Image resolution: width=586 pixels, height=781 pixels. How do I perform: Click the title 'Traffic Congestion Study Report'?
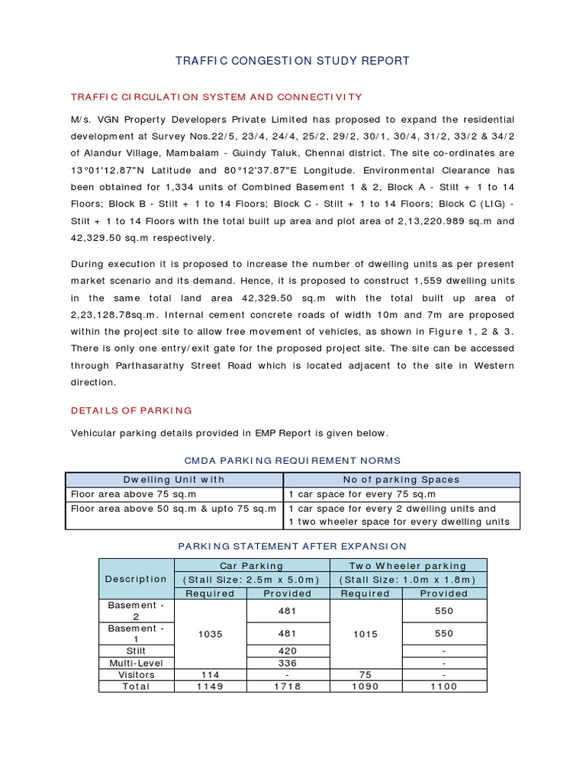pos(293,61)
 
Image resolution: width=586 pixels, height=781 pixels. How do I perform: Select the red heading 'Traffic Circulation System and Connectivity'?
pos(216,97)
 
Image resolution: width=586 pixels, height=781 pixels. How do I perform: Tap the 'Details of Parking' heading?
pos(131,410)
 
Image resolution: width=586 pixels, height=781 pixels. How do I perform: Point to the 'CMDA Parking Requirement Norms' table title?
pos(293,460)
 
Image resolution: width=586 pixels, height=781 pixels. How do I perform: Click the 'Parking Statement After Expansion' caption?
pos(292,546)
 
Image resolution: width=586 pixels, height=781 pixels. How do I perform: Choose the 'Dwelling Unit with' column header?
pos(175,480)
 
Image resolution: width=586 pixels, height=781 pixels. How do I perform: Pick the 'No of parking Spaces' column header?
pos(401,480)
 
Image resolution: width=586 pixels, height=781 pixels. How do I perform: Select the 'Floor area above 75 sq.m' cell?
pos(134,494)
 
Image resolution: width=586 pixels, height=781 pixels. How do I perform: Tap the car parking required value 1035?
pos(211,634)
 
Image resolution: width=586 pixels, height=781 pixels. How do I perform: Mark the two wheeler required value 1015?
pos(365,634)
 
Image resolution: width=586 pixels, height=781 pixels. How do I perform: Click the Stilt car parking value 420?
pos(288,651)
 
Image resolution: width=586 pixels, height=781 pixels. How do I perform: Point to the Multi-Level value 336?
pos(288,663)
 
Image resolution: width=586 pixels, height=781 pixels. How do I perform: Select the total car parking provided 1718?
pos(288,686)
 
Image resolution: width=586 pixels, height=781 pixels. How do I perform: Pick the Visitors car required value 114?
pos(211,675)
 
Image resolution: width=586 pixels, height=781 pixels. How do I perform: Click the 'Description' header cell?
pos(136,579)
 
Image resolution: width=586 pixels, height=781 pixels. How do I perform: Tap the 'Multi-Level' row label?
pos(137,663)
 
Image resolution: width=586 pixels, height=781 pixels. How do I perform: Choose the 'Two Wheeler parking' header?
pos(407,566)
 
